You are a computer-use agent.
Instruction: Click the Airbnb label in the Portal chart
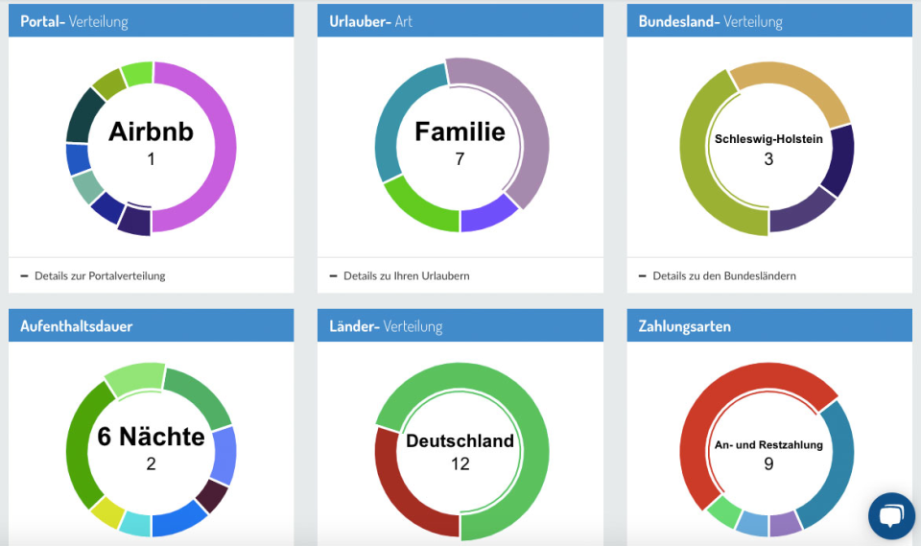tap(151, 131)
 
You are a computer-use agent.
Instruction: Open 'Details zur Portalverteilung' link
tap(100, 276)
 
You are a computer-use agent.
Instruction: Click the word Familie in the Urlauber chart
tap(460, 131)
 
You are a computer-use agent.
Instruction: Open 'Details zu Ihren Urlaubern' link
tap(406, 276)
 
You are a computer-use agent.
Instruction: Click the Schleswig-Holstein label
tap(768, 139)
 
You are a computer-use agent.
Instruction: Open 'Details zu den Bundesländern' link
tap(723, 276)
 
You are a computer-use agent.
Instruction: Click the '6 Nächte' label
tap(151, 438)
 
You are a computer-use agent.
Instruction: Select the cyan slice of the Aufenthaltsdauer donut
tap(134, 525)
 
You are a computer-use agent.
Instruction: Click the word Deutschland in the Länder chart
tap(460, 442)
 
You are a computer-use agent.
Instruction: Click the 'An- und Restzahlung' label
tap(768, 444)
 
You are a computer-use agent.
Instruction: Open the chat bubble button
tap(891, 516)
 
